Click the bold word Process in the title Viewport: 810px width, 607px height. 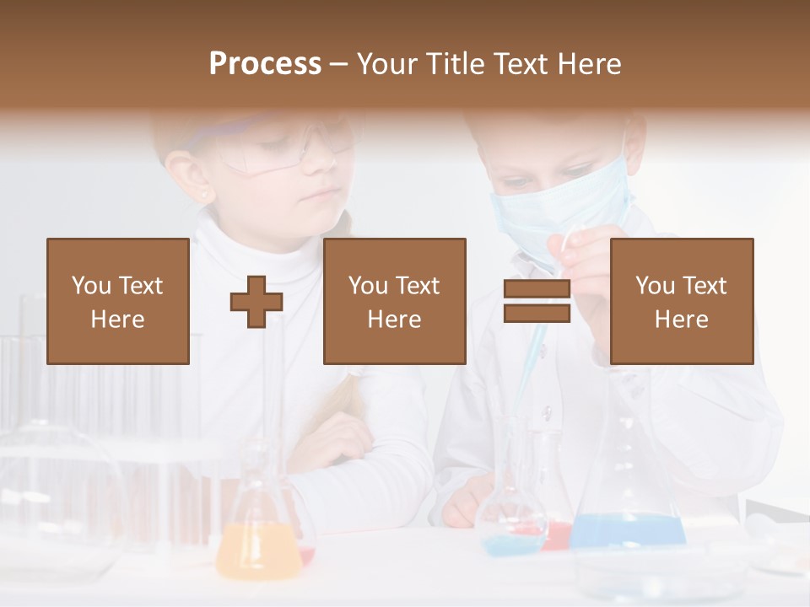coord(265,64)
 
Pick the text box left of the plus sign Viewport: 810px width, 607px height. coord(118,302)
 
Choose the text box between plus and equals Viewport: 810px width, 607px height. coord(395,302)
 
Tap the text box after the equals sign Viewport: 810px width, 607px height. coord(682,302)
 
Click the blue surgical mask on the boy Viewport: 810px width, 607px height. coord(561,211)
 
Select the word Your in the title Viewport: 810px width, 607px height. coord(386,64)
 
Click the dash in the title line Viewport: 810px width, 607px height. coord(339,64)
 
